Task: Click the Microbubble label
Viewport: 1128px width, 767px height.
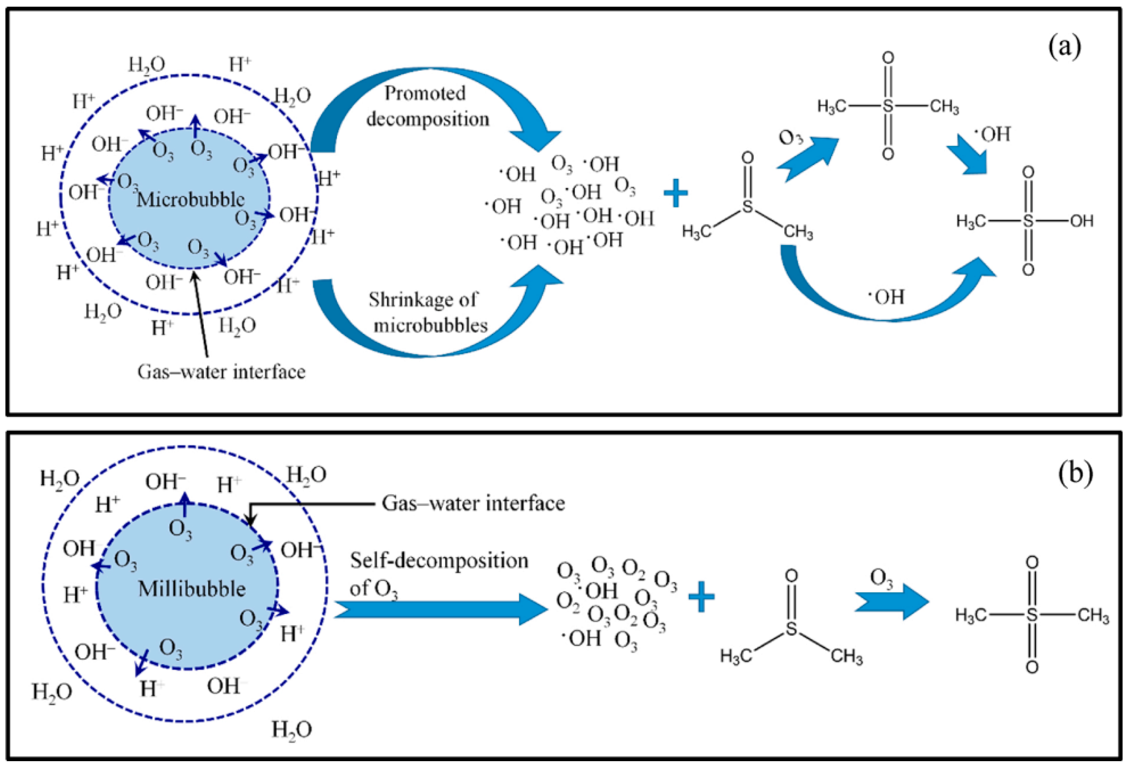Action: tap(190, 199)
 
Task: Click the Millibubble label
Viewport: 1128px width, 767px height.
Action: tap(192, 589)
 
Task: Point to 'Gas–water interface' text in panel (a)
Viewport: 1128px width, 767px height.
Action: tap(221, 372)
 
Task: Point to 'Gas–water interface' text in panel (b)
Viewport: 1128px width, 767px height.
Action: tap(473, 503)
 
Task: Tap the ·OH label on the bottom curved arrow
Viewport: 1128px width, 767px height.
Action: tap(887, 297)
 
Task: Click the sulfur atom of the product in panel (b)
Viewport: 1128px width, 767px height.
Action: tap(1032, 615)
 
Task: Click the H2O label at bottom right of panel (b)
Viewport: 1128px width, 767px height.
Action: tap(291, 729)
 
